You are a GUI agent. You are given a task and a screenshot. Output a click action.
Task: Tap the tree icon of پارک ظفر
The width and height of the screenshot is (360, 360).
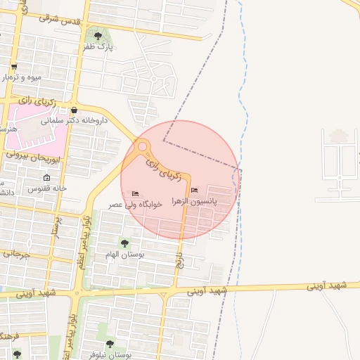tap(98, 35)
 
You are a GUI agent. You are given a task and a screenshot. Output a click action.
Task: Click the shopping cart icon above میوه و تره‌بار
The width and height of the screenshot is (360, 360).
tap(13, 67)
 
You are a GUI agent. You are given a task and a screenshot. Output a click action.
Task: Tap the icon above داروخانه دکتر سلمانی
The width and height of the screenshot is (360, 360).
tap(74, 110)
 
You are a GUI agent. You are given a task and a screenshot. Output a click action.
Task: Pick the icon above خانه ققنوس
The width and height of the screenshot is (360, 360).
tap(46, 178)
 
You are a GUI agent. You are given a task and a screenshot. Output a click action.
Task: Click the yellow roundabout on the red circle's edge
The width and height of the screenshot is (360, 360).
tap(143, 148)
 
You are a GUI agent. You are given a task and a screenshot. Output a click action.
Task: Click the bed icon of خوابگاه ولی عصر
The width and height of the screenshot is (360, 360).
tap(136, 193)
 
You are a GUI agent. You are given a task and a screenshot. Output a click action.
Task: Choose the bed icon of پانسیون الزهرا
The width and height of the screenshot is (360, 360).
tap(195, 191)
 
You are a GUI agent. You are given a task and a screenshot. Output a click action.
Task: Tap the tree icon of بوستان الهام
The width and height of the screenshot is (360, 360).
tap(124, 243)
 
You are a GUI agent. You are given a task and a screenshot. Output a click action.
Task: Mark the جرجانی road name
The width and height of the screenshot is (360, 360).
tap(15, 254)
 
